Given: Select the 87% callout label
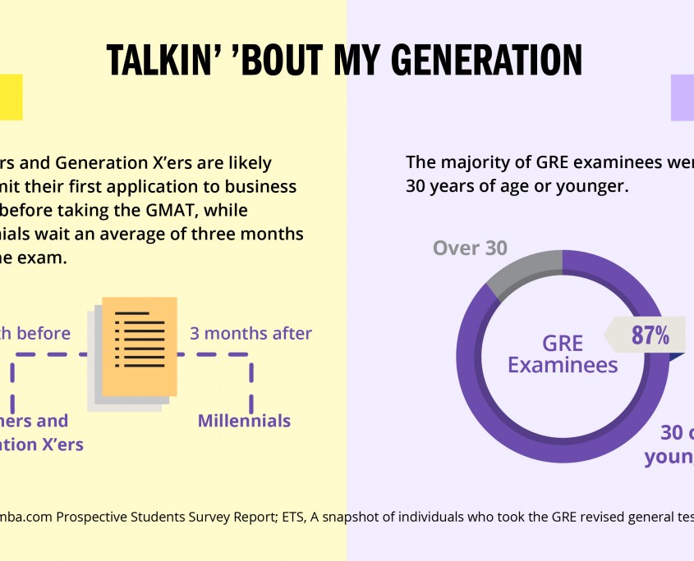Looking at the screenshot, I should tap(650, 335).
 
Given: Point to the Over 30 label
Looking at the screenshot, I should tap(470, 248).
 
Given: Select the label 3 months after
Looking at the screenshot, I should tap(251, 334).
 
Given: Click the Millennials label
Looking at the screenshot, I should tap(244, 421).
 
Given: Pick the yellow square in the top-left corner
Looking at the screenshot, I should tap(11, 98).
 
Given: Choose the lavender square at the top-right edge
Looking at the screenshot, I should tap(683, 98).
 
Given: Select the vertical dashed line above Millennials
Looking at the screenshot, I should tap(251, 384).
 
